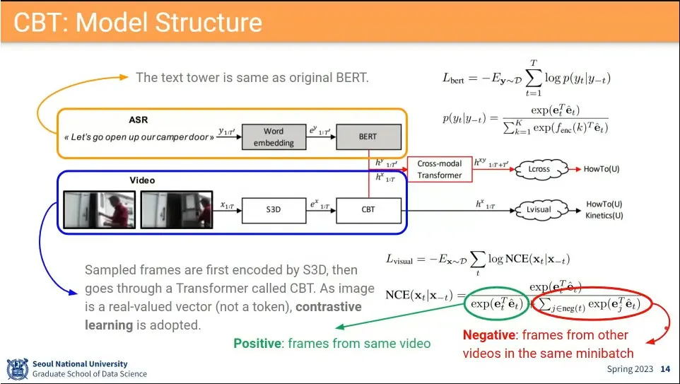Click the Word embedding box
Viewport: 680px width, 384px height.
click(x=273, y=136)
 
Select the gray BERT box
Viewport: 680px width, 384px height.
click(x=368, y=136)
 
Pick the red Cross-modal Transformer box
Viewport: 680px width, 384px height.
click(x=439, y=170)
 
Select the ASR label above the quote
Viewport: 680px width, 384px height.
click(x=139, y=120)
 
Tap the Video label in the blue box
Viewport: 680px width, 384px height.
click(x=142, y=180)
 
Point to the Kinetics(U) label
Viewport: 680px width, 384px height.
click(x=604, y=215)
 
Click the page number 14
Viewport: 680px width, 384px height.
click(x=665, y=369)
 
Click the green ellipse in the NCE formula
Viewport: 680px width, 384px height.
click(x=495, y=304)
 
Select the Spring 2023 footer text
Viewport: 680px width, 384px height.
click(x=631, y=369)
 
